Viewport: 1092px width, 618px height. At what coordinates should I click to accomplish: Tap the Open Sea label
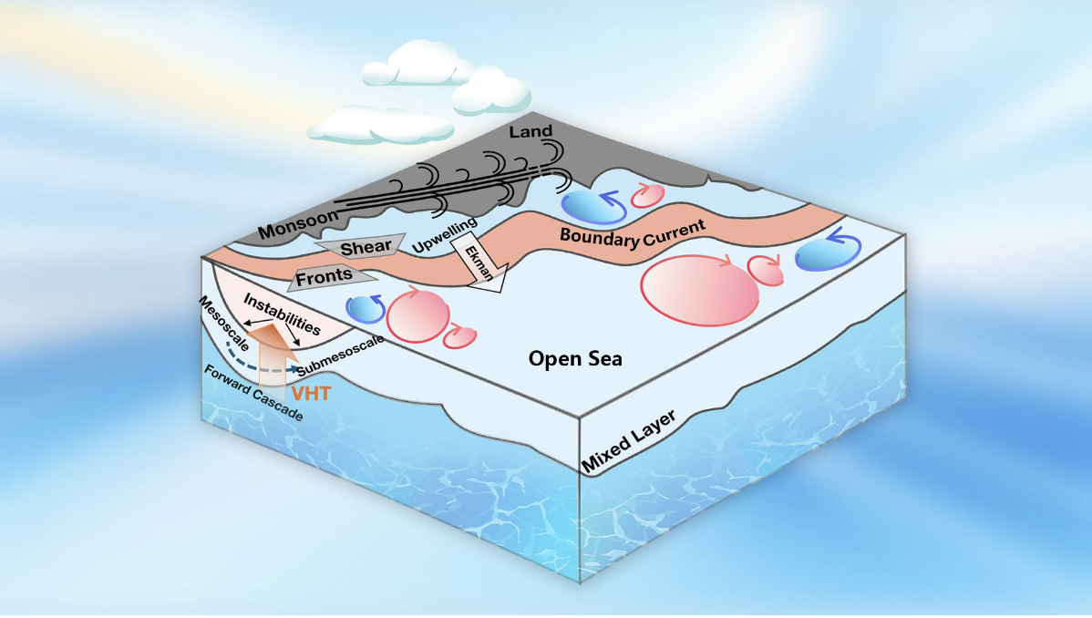point(576,359)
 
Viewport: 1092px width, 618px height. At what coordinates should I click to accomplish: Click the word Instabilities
point(282,313)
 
